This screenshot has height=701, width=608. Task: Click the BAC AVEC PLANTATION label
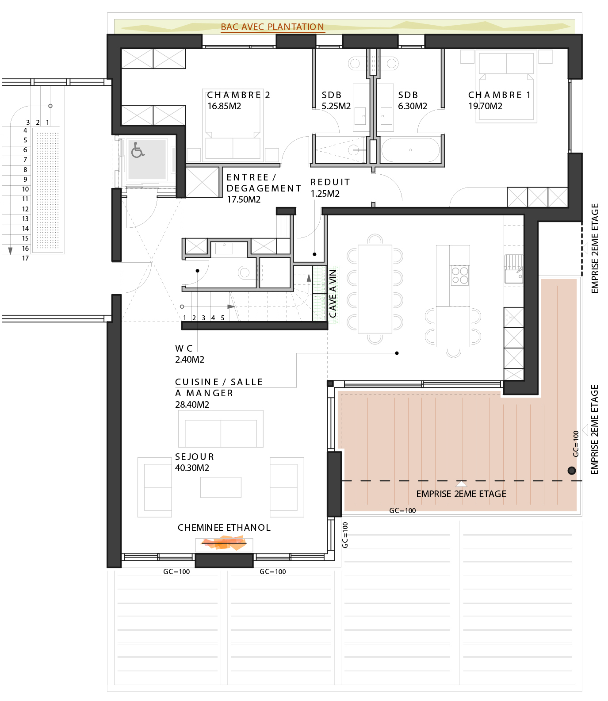272,27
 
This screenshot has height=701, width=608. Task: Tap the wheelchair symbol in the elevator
138,150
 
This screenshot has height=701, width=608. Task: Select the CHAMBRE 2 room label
238,95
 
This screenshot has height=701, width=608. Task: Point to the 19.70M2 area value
485,106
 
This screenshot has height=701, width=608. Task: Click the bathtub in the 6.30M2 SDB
410,150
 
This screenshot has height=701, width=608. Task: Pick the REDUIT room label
330,182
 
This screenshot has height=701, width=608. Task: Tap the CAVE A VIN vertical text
333,294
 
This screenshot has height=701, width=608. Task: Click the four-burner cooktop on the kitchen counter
460,276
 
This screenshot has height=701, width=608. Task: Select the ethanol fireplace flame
224,543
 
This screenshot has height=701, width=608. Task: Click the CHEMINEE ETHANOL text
224,528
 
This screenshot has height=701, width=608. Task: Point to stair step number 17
26,258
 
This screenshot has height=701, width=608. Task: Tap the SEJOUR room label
195,457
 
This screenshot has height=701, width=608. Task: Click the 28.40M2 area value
192,405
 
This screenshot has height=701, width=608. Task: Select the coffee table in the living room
221,487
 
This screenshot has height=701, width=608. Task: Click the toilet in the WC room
247,272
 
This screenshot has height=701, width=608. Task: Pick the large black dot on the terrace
572,471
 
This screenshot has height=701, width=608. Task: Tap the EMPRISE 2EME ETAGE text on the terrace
461,494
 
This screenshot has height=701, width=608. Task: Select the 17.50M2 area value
244,199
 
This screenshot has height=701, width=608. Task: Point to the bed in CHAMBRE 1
506,86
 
